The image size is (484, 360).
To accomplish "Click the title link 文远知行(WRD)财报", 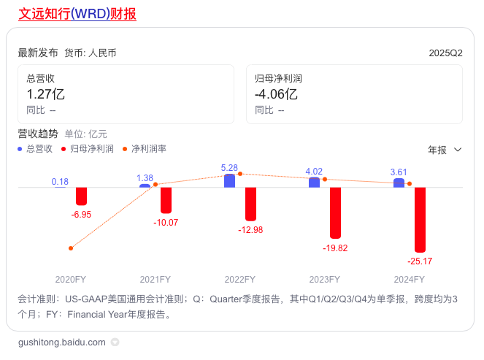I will click(77, 14).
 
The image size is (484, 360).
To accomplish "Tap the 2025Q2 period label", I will click(445, 53).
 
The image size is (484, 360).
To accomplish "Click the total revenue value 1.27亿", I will click(46, 94).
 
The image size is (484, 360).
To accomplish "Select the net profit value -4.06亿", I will click(276, 94).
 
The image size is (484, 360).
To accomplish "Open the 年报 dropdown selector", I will click(445, 150).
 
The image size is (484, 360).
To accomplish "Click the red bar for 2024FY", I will click(420, 220).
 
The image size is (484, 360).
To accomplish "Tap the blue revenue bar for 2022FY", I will click(229, 180).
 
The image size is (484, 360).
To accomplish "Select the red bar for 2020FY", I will click(81, 196).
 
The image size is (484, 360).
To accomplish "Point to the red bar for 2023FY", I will click(335, 212).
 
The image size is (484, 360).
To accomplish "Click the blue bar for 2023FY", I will click(314, 183).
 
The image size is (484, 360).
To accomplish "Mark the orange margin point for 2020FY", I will click(70, 248).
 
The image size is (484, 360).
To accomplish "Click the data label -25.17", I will click(420, 261).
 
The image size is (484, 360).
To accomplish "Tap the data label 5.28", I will click(229, 168).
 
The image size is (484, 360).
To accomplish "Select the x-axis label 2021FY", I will click(155, 280).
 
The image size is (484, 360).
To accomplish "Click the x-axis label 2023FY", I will click(324, 280).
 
